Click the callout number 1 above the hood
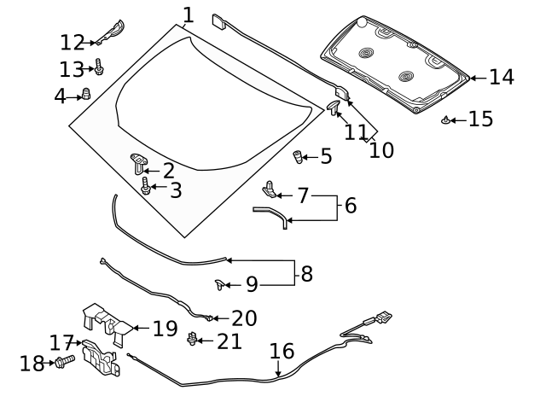pyautogui.click(x=188, y=15)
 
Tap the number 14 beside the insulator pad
pyautogui.click(x=501, y=77)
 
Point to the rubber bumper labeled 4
pyautogui.click(x=85, y=95)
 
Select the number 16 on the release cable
pyautogui.click(x=282, y=352)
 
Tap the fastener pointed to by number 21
pyautogui.click(x=192, y=341)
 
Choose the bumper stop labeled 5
pyautogui.click(x=299, y=157)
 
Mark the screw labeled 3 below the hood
pyautogui.click(x=146, y=188)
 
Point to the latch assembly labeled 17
pyautogui.click(x=101, y=359)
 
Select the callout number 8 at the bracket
pyautogui.click(x=307, y=275)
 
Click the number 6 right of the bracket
pyautogui.click(x=350, y=206)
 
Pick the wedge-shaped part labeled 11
pyautogui.click(x=334, y=107)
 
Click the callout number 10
pyautogui.click(x=381, y=150)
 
